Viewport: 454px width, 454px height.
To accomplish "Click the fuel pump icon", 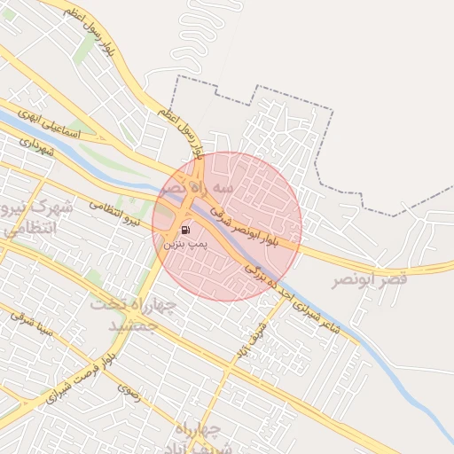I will [184, 230].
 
